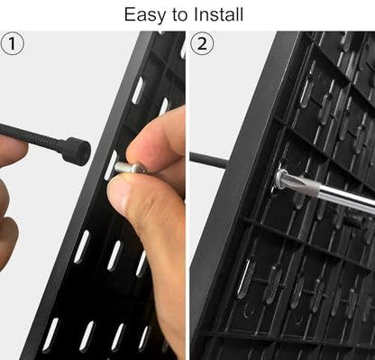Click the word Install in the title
tap(218, 14)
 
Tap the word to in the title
tap(179, 14)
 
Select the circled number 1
tap(12, 43)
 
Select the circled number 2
tap(202, 43)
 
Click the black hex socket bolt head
tap(78, 151)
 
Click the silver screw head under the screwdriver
tap(281, 180)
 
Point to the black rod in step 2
tap(208, 160)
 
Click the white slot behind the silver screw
tap(110, 165)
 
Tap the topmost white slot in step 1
tap(137, 90)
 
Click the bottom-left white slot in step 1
tap(50, 336)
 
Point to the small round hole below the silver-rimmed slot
tap(248, 309)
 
